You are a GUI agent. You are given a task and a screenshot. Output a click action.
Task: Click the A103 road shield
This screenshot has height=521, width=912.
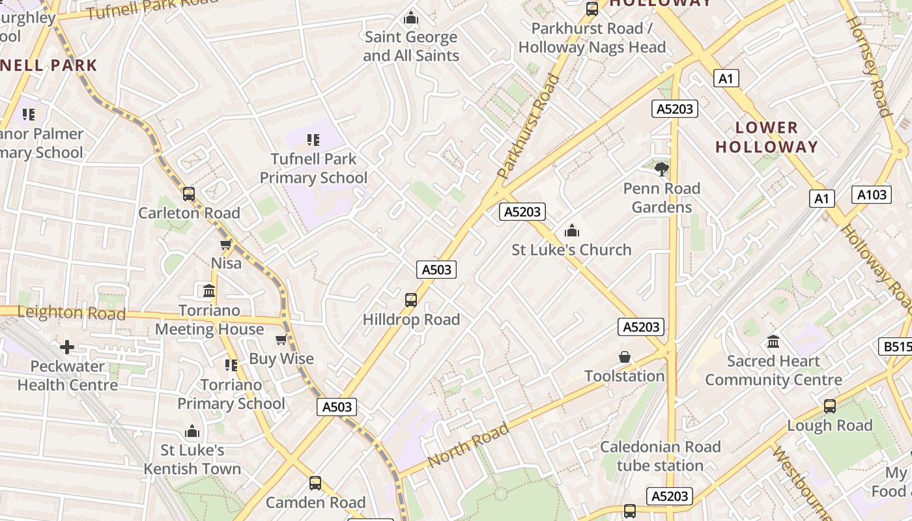pos(872,194)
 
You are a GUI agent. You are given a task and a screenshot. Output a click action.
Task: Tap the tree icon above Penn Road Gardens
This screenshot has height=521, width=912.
pos(662,169)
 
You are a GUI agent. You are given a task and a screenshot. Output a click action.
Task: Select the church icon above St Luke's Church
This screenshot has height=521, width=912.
pos(572,231)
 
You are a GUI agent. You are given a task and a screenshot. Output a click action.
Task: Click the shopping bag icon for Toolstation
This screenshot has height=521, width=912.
pos(625,357)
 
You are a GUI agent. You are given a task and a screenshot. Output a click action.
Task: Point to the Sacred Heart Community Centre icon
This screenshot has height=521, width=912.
pos(773,341)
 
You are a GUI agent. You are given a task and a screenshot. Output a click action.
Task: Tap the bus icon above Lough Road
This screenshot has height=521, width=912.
pos(829,406)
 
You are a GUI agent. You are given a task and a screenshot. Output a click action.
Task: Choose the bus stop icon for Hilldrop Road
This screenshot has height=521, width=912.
pos(411,300)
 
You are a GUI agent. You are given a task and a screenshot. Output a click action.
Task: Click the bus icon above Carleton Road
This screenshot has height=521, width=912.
pos(189,194)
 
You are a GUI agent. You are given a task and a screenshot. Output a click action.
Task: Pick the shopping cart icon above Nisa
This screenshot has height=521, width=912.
pos(226,244)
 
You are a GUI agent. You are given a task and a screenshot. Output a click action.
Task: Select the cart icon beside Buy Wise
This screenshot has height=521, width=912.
pos(281,339)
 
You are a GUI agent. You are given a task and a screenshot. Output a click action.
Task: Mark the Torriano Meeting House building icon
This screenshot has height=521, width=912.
pos(209,290)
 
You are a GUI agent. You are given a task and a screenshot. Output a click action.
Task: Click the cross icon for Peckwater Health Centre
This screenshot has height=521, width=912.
pos(67,347)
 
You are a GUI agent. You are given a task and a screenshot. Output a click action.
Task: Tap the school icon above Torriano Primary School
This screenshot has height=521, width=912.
pos(231,365)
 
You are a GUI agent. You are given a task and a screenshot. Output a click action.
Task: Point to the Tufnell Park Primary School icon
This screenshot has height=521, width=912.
pos(313,139)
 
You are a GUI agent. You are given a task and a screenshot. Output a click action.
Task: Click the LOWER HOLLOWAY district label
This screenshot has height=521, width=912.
pos(766,137)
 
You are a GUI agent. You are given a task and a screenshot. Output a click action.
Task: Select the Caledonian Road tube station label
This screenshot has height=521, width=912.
pos(660,456)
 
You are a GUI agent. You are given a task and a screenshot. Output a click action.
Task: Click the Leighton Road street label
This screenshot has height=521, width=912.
pos(72,313)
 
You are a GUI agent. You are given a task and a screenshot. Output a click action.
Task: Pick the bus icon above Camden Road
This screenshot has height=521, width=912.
pos(315,483)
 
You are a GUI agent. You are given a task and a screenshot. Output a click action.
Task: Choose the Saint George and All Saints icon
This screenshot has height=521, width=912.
pos(411,18)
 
